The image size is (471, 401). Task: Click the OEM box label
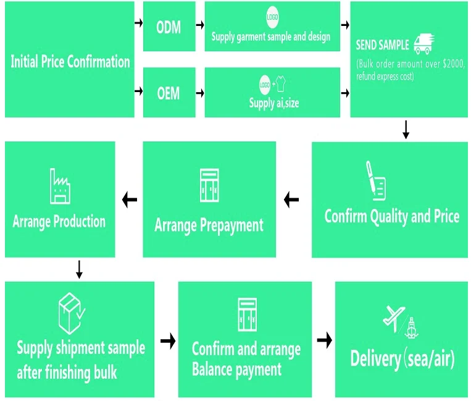pos(168,93)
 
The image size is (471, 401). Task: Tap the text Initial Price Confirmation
pos(70,61)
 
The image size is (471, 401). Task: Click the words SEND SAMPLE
pos(382,45)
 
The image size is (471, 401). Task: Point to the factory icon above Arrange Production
pos(60,186)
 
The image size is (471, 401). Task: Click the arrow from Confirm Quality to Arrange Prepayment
pos(291,200)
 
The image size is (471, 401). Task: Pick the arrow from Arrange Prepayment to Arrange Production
pos(130,200)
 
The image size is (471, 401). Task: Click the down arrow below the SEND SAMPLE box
pos(406,129)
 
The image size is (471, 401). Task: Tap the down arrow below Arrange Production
pos(79,269)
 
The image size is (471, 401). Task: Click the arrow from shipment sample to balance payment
pos(167,340)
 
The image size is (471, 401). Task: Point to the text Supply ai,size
pos(273,103)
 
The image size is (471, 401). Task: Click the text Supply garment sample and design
pos(270,36)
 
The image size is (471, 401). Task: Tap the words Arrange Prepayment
pos(209,224)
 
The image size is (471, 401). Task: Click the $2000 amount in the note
pos(452,65)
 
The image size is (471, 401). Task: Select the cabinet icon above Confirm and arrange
pos(246,315)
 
